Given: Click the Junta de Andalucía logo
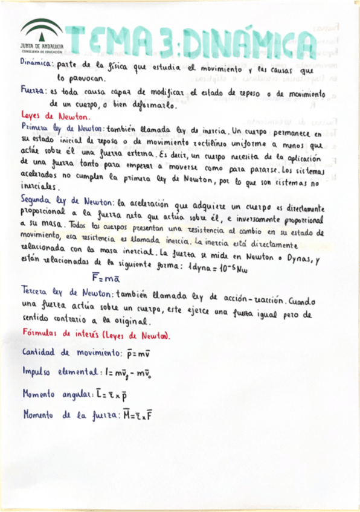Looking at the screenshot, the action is (40, 38).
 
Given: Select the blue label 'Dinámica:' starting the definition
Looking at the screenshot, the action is (37, 63).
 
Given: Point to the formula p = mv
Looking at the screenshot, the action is (141, 353).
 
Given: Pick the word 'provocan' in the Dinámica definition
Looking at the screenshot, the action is (83, 78).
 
